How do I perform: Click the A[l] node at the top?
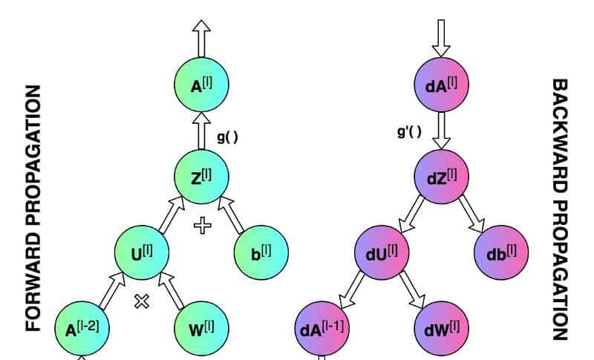tap(201, 86)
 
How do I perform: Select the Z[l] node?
tap(201, 177)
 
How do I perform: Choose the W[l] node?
tap(201, 327)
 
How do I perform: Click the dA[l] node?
tap(441, 86)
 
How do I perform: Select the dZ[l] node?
tap(441, 177)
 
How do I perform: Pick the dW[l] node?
tap(441, 327)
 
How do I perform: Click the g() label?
tap(227, 137)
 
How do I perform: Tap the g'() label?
tap(409, 133)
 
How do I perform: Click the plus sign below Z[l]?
tap(202, 225)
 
